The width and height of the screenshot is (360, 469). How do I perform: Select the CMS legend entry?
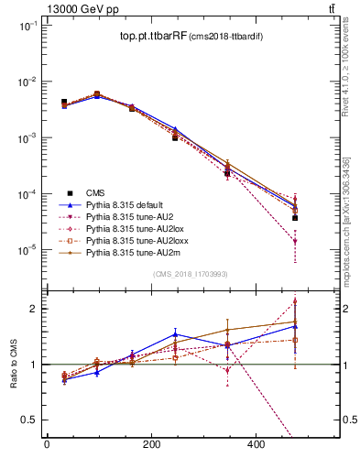(x=96, y=192)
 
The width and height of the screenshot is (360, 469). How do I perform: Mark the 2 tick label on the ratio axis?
(x=31, y=309)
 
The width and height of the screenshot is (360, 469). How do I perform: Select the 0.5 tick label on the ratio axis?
(x=27, y=420)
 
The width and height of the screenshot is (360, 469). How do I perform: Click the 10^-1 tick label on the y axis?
(x=26, y=26)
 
